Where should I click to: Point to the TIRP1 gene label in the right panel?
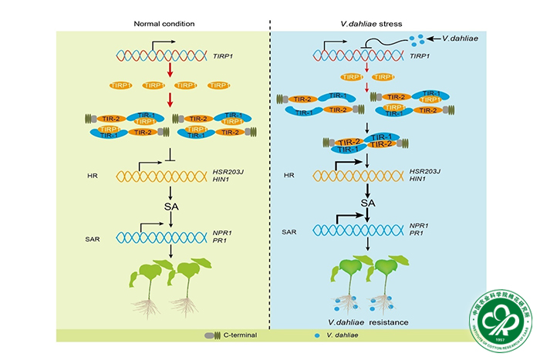(419, 56)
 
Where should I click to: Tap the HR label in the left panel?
(93, 176)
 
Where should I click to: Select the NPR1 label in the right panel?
(420, 226)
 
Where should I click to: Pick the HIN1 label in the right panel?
(418, 180)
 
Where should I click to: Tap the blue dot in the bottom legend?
(317, 336)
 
